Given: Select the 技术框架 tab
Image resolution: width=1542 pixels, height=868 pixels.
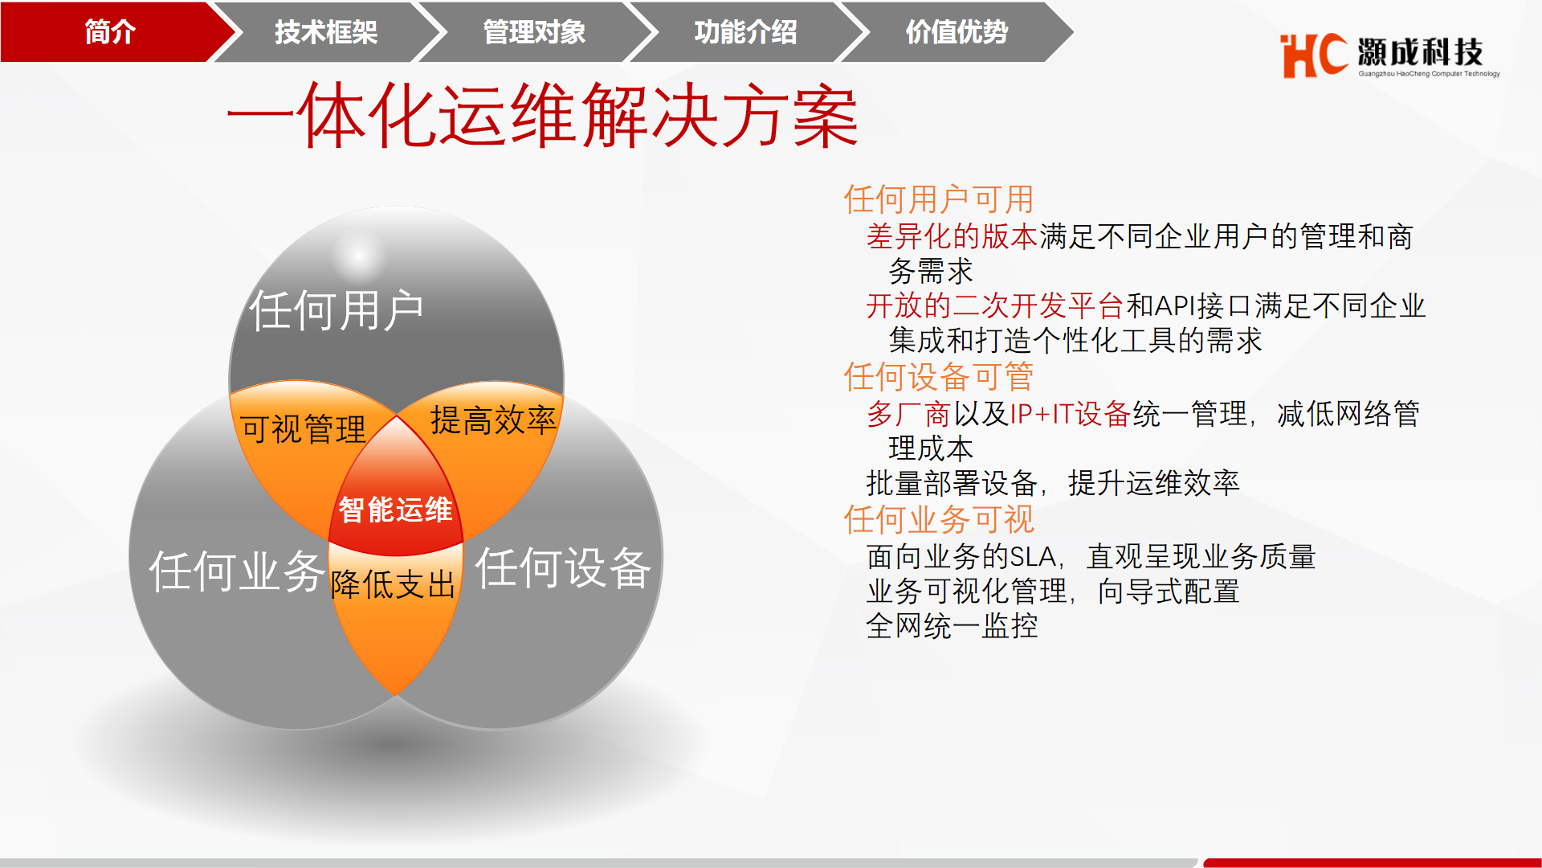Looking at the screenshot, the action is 326,32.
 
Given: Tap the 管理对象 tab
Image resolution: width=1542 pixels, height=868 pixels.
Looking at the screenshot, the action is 534,32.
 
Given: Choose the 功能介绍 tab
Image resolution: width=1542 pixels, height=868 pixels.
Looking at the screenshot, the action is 745,32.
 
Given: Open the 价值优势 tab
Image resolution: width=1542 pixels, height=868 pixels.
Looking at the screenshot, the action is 957,32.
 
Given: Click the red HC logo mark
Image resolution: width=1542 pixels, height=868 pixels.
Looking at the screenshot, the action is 1313,55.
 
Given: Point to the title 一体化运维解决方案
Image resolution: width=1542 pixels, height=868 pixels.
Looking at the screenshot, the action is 543,117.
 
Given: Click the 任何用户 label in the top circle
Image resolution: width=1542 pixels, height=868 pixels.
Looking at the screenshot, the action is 337,310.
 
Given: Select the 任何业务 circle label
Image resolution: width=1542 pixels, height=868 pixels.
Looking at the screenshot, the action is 237,571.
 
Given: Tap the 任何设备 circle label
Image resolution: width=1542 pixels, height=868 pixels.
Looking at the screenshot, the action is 563,567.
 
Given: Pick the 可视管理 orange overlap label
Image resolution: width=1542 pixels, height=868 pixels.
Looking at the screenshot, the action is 303,428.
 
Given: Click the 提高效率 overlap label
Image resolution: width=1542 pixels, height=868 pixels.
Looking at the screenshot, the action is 493,420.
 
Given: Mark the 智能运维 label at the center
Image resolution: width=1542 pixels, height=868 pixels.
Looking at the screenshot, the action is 395,510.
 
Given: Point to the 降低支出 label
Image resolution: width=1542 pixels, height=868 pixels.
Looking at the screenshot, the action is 393,584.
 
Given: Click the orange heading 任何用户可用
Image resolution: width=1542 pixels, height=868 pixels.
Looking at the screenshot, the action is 939,199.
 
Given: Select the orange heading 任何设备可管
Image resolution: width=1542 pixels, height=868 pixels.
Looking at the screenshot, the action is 939,376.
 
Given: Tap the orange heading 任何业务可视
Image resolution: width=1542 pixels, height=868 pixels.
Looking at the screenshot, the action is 939,519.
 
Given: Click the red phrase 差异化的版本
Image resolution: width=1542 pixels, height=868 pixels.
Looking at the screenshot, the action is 953,236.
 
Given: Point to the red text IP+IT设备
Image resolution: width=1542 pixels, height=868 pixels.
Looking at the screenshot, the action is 1071,414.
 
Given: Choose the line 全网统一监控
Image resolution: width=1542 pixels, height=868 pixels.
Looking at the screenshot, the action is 953,625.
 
